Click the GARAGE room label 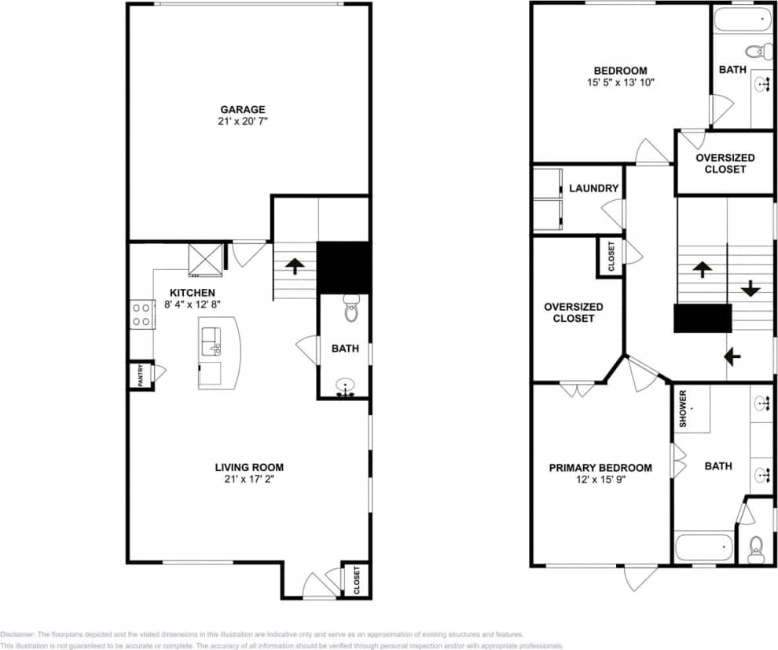[242, 110]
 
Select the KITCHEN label [193, 293]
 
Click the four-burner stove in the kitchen [142, 315]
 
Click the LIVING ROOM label [249, 468]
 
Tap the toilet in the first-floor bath [351, 309]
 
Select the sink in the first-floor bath [345, 387]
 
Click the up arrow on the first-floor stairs [295, 265]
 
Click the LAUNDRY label [593, 188]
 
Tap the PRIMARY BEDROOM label [600, 468]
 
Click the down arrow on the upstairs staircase [750, 288]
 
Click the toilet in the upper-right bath [755, 53]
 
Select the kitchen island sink [211, 341]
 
